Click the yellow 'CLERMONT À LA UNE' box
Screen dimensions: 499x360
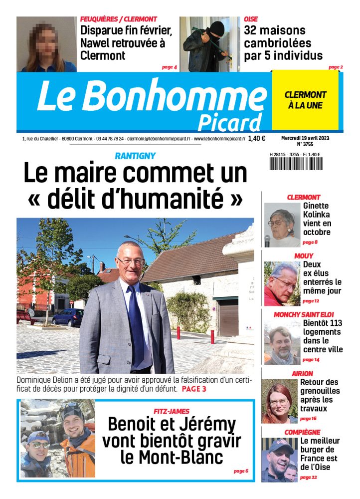click(x=305, y=100)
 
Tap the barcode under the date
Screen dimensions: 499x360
click(x=295, y=164)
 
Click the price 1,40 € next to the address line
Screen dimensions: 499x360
click(x=257, y=139)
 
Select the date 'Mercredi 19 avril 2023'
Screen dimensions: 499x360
click(x=305, y=137)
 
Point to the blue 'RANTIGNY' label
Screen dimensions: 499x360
click(x=135, y=156)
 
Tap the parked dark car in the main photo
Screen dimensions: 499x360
click(x=68, y=316)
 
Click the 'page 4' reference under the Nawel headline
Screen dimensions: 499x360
click(x=170, y=67)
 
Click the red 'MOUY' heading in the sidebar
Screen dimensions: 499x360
click(x=304, y=256)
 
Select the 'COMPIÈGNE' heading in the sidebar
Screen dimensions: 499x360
click(x=303, y=432)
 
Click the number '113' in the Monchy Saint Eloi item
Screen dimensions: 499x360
click(x=332, y=323)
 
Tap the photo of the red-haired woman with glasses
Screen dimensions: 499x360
click(x=279, y=401)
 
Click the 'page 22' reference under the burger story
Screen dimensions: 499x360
click(x=308, y=478)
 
